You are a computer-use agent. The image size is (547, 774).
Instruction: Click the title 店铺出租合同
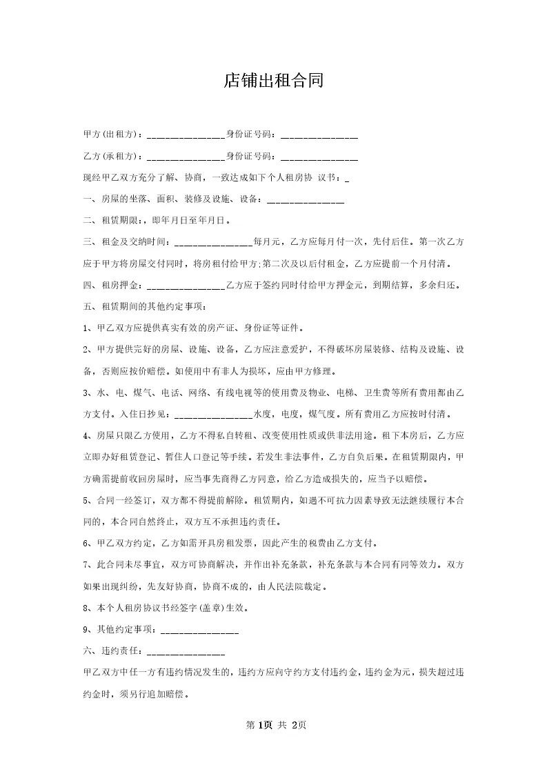(x=273, y=81)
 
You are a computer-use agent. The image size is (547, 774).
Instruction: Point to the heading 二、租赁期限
(x=110, y=221)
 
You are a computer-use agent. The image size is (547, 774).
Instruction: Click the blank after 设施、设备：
(x=305, y=201)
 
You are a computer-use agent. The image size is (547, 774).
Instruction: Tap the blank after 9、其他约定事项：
(x=199, y=631)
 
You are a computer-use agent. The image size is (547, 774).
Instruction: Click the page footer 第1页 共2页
(x=273, y=725)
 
